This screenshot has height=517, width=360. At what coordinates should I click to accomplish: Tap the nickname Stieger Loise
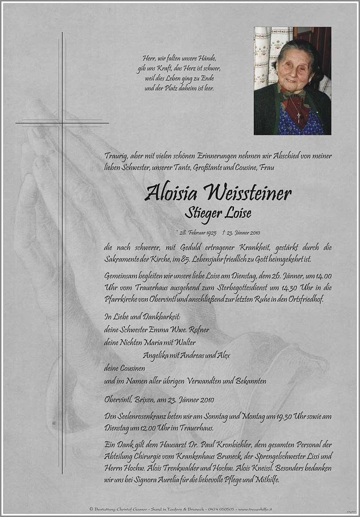[218, 212]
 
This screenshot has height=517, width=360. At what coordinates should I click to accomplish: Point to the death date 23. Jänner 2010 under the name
[243, 233]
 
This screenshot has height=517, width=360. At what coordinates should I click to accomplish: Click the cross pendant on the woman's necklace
[299, 117]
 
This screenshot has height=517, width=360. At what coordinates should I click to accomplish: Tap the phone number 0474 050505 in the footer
[221, 509]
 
